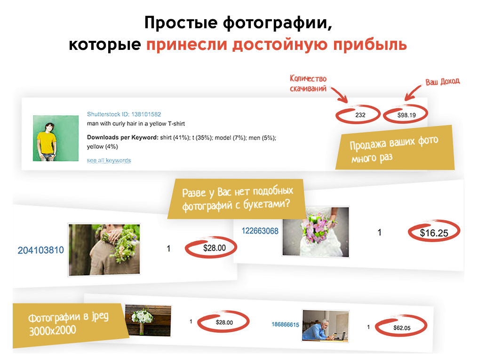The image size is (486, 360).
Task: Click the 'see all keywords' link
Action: tap(109, 160)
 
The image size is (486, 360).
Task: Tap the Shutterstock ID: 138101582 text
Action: tap(124, 114)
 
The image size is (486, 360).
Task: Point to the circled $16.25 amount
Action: tap(434, 232)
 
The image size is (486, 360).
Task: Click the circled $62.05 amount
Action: tap(401, 328)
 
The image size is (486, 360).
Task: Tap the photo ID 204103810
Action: tap(40, 250)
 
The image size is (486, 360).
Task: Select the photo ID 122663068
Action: tap(260, 231)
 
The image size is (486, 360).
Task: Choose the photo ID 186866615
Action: tap(285, 325)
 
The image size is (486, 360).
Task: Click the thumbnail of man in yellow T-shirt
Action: tap(56, 138)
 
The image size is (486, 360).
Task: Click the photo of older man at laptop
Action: tap(326, 326)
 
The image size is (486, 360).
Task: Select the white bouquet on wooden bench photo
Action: tap(148, 320)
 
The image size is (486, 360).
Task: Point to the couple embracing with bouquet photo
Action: tap(104, 249)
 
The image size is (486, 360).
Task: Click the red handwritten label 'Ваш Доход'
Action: tap(442, 82)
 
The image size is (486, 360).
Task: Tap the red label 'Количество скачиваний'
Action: tap(308, 83)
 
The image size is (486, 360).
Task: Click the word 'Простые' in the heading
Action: tap(181, 23)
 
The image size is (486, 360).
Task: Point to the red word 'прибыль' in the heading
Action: tap(370, 44)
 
